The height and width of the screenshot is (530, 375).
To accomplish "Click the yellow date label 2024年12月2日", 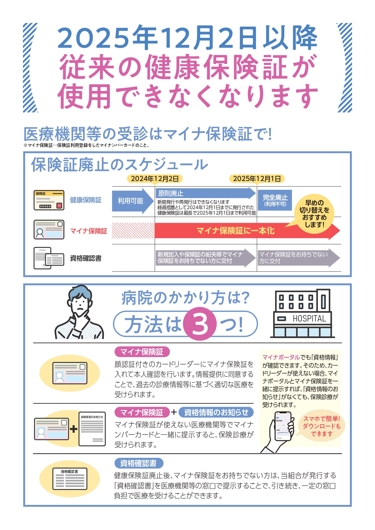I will pos(155,179).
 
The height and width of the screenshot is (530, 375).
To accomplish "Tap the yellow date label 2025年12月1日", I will pos(257,179).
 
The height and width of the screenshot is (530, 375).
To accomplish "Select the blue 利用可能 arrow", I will pos(131,201).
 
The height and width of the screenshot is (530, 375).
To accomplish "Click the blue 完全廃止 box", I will pos(275,200).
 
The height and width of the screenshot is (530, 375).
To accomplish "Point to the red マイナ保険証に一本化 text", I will pos(235,231).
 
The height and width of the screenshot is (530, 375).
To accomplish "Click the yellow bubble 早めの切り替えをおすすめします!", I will pos(314,213).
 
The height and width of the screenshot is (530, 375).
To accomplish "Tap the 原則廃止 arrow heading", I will pos(171,193).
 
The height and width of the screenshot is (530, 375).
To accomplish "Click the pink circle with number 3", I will pos(200,324).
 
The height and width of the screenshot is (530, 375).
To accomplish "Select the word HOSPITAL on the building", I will pos(309,318).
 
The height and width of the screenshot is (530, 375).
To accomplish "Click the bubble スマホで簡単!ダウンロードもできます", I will pos(322,426).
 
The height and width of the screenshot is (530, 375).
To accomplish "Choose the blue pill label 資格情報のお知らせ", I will pos(216,412).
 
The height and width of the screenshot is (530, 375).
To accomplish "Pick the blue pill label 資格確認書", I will pos(139,463).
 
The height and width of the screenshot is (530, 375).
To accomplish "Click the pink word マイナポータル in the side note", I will pos(281,357).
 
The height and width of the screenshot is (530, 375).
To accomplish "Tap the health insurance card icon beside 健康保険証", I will pos(49,200).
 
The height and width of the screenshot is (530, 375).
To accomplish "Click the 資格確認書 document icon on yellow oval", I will pos(70,479).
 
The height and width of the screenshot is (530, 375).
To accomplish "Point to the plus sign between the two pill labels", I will pos(174,412).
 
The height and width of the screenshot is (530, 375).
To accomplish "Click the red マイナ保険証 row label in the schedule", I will pos(89,231).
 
